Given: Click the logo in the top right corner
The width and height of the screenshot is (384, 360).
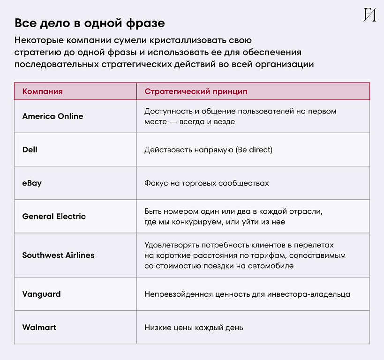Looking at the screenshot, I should (x=369, y=15).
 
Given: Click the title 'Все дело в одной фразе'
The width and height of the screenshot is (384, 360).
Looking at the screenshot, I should (x=90, y=23).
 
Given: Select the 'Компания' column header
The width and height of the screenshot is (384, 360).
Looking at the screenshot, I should (x=42, y=91).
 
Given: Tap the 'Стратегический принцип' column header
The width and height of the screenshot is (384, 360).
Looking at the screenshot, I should (x=196, y=91).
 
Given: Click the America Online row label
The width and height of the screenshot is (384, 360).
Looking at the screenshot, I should (x=53, y=116).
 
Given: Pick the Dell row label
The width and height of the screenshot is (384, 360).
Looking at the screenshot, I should (x=30, y=150).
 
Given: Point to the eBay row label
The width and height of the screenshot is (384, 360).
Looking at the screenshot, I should (x=32, y=183).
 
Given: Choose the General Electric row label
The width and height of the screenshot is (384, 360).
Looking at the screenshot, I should (x=54, y=217).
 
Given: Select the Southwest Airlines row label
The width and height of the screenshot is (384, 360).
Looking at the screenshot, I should (x=58, y=255).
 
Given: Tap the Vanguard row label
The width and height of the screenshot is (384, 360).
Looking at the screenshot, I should (x=41, y=294).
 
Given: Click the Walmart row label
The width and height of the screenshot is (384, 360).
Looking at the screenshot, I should (x=39, y=327).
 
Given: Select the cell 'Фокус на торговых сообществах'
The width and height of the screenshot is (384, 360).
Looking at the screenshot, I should (x=206, y=183).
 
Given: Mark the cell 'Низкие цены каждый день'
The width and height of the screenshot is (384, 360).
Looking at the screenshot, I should (x=194, y=328).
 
